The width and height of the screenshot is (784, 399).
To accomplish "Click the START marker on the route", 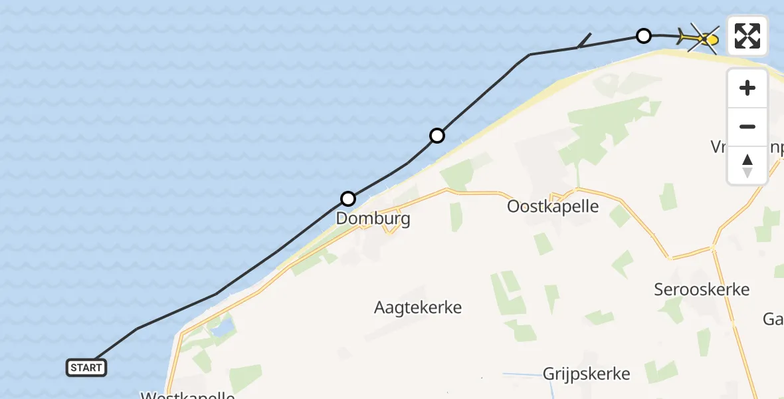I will (x=86, y=367).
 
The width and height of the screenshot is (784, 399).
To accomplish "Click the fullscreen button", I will (x=747, y=36).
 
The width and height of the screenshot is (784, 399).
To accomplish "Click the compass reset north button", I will (x=747, y=166).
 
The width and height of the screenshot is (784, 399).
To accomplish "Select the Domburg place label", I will (x=373, y=218).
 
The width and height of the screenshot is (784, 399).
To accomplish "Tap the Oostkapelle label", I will (x=553, y=206).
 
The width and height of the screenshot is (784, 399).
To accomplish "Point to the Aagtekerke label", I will (x=418, y=307).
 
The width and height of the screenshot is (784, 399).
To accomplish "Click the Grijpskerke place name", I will (x=586, y=373).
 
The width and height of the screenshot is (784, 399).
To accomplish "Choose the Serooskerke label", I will (x=702, y=289).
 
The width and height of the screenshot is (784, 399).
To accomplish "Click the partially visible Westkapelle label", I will (x=188, y=395).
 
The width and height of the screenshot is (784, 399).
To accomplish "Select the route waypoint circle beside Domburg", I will (x=348, y=198).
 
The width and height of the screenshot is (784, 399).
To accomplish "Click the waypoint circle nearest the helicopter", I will (x=643, y=36).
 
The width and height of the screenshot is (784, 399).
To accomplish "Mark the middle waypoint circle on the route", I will (x=437, y=136).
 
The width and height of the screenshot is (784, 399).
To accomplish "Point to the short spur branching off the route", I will (x=585, y=40).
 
